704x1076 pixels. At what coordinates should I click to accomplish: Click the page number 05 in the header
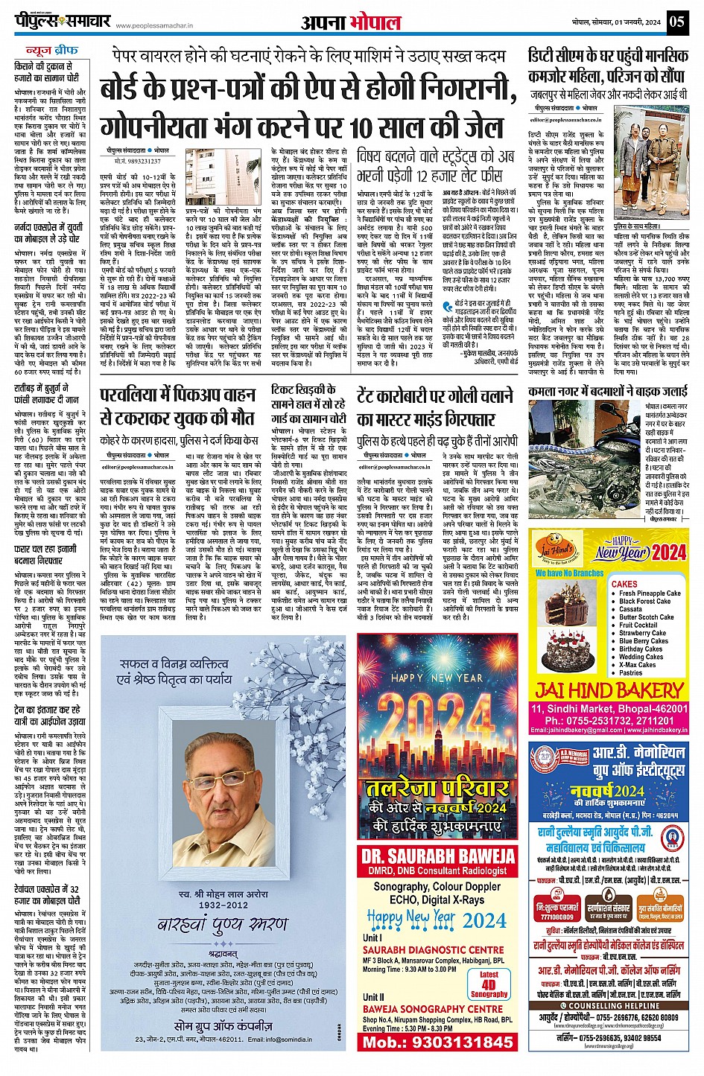click(676, 22)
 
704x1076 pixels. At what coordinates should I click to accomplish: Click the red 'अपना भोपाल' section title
click(351, 22)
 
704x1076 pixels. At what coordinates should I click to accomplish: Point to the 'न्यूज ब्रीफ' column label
click(52, 50)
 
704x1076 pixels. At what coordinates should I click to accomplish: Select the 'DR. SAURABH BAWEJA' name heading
click(438, 856)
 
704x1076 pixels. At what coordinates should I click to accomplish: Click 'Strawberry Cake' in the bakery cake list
click(642, 633)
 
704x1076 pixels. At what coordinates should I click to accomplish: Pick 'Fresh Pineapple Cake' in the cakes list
click(650, 593)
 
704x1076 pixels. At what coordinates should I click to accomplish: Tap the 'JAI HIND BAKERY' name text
click(609, 690)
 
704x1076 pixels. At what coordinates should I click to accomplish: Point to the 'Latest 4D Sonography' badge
click(489, 984)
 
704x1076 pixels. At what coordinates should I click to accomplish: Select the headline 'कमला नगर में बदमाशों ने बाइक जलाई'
click(607, 391)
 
